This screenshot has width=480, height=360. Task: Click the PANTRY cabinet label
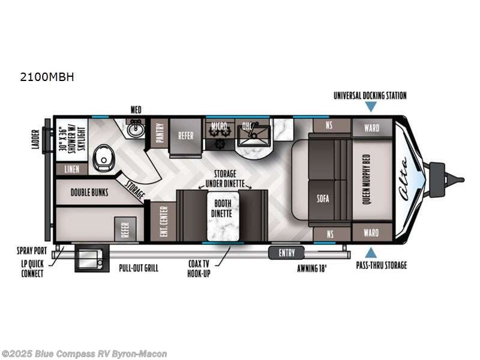[160, 133]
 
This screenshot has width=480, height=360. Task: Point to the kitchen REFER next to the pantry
[185, 135]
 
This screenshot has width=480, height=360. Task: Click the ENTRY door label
[287, 253]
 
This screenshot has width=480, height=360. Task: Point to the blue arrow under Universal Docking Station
[371, 106]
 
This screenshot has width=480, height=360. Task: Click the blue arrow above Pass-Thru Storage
[371, 252]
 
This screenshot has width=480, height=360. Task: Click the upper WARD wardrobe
[371, 127]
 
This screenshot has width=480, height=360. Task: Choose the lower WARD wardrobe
[371, 232]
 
